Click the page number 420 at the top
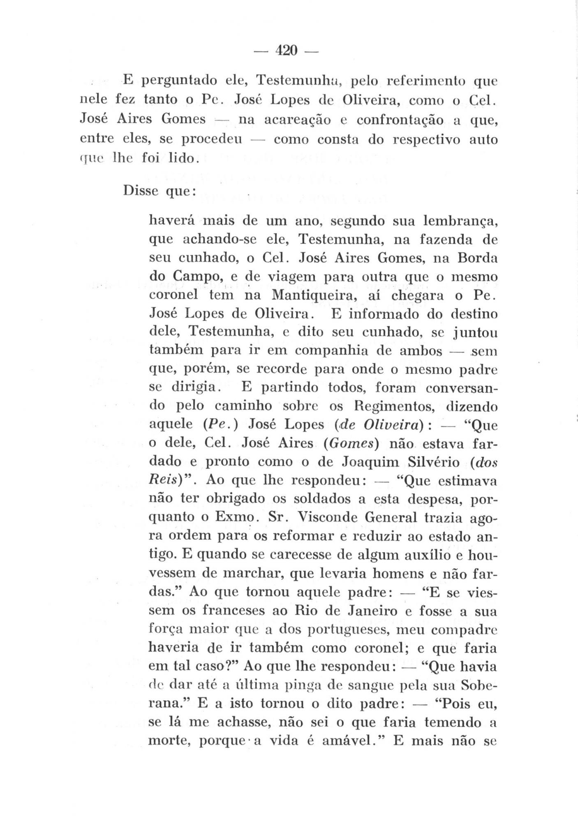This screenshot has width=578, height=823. [286, 51]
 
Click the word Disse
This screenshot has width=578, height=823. [139, 191]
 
